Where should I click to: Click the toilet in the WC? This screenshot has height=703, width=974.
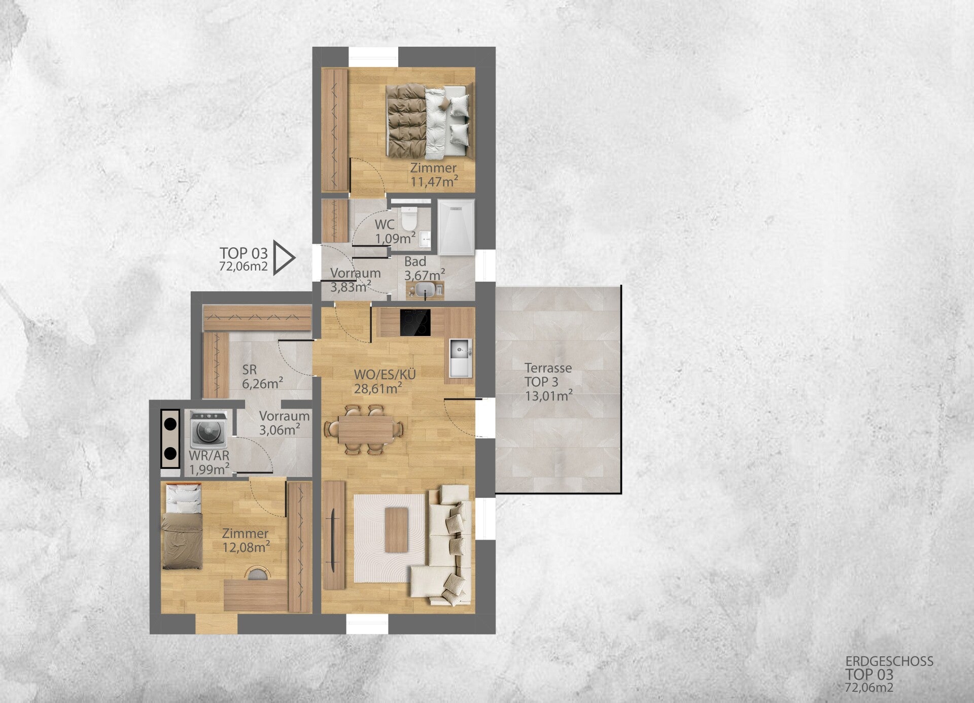pyautogui.click(x=408, y=218)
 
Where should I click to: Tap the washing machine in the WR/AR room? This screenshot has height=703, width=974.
pyautogui.click(x=208, y=430)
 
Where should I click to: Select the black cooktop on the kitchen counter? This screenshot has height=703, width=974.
pyautogui.click(x=415, y=322)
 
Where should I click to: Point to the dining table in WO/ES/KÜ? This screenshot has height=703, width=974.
pyautogui.click(x=366, y=429)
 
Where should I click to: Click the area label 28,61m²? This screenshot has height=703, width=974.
pyautogui.click(x=378, y=389)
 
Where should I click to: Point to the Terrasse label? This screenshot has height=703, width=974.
pyautogui.click(x=548, y=368)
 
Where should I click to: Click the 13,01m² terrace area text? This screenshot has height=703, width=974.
pyautogui.click(x=549, y=396)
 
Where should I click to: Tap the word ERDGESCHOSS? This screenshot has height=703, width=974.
pyautogui.click(x=889, y=661)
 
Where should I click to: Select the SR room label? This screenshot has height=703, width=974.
pyautogui.click(x=250, y=370)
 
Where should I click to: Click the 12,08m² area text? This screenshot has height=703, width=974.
pyautogui.click(x=246, y=547)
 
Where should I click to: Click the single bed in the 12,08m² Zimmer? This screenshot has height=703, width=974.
pyautogui.click(x=182, y=526)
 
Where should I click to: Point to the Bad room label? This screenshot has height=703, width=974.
pyautogui.click(x=415, y=262)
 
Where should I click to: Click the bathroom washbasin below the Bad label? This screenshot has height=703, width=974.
pyautogui.click(x=426, y=290)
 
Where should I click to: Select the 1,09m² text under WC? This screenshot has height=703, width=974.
pyautogui.click(x=396, y=238)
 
